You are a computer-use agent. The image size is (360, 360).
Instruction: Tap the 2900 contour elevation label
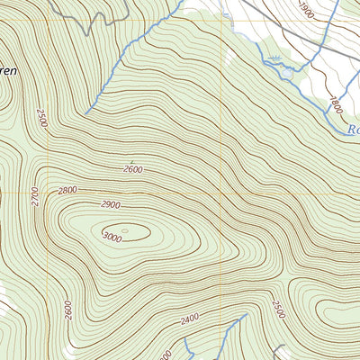tap(111, 205)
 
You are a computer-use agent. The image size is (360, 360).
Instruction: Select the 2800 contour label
tap(68, 190)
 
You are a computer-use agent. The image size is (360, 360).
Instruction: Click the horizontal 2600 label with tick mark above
tap(133, 169)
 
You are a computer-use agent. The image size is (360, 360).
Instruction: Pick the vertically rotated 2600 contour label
tap(67, 309)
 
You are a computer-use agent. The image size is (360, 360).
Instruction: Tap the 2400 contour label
tap(190, 319)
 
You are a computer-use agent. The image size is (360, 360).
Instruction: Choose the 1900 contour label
tap(307, 11)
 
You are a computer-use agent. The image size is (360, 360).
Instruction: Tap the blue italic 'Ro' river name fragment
tap(352, 129)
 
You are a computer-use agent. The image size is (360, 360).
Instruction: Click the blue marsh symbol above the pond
tap(274, 55)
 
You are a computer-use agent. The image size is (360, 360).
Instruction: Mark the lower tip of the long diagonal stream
tap(86, 113)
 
